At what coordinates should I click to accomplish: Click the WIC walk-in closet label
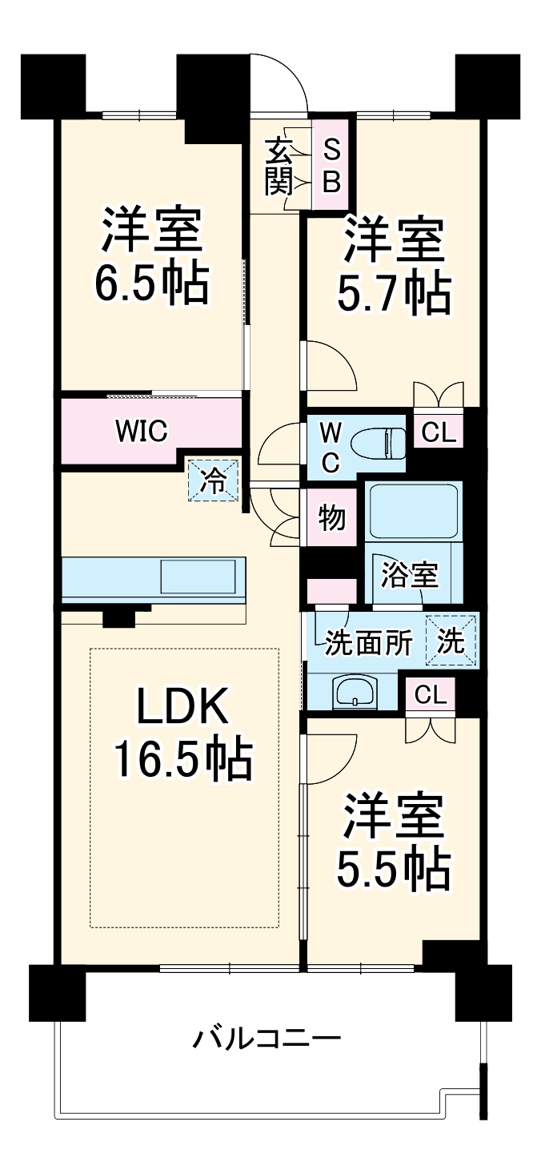(x=141, y=431)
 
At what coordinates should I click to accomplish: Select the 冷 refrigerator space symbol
(x=213, y=480)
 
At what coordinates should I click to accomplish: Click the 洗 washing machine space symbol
(x=452, y=641)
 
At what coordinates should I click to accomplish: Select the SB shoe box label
(x=331, y=164)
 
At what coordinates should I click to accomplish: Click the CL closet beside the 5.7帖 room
(x=438, y=433)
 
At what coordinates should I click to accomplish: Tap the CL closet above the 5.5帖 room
(x=431, y=694)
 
